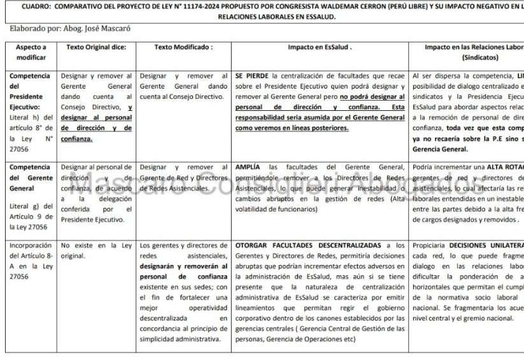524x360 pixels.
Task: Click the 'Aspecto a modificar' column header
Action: (31, 52)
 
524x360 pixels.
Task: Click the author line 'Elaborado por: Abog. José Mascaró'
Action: (64, 29)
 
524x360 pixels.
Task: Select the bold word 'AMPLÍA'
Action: (248, 167)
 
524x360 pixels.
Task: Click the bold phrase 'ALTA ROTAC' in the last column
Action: (502, 167)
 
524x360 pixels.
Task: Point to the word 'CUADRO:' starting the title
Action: (36, 6)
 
